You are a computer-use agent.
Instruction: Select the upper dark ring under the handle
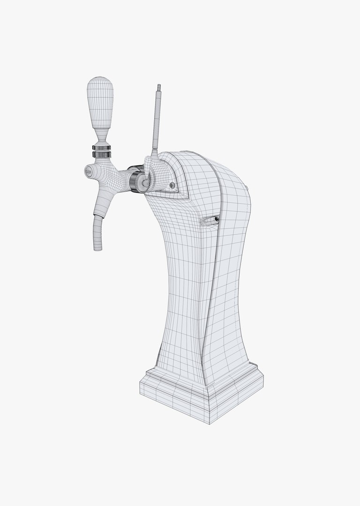pyautogui.click(x=102, y=148)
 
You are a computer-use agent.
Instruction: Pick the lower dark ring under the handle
pyautogui.click(x=102, y=154)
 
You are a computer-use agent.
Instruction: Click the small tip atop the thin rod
pyautogui.click(x=159, y=87)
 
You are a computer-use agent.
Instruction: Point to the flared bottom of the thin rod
pyautogui.click(x=154, y=152)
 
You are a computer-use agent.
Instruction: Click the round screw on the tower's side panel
pyautogui.click(x=172, y=186)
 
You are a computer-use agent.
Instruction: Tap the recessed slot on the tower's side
pyautogui.click(x=210, y=220)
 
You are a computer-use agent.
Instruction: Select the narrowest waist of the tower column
pyautogui.click(x=187, y=290)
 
